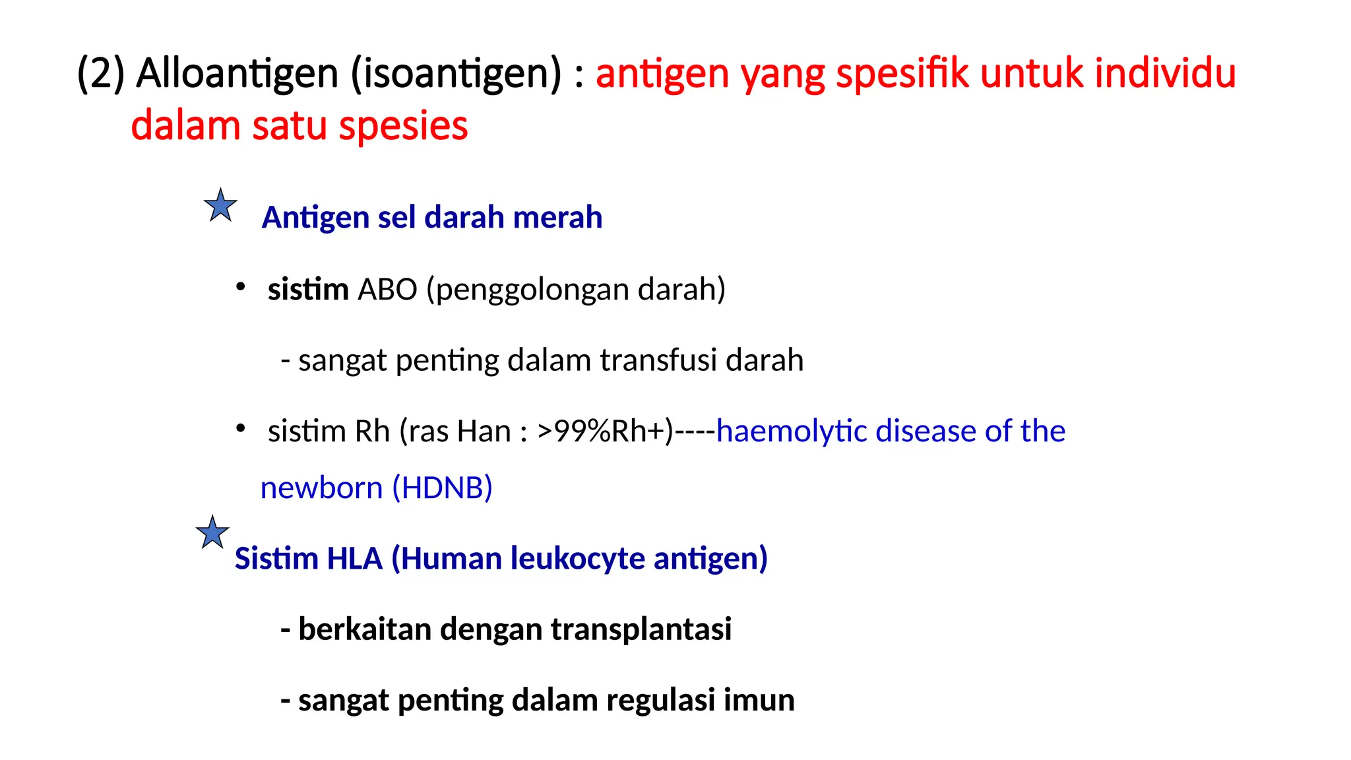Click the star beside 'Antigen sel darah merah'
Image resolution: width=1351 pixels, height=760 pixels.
coord(220,206)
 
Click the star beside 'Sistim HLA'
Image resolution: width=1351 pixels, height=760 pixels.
coord(212,533)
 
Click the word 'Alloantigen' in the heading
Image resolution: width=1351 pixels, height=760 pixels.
coord(237,73)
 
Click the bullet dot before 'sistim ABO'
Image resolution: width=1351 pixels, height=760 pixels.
coord(241,287)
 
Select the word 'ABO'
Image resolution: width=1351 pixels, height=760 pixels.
coord(387,289)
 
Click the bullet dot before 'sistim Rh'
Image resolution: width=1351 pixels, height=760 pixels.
coord(241,429)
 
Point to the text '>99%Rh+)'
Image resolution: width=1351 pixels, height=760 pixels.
coord(605,431)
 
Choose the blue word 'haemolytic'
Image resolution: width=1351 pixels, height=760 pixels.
coord(791,431)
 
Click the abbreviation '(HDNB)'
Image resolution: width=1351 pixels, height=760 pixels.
coord(442,488)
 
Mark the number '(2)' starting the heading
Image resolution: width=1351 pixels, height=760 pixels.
coord(101,73)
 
